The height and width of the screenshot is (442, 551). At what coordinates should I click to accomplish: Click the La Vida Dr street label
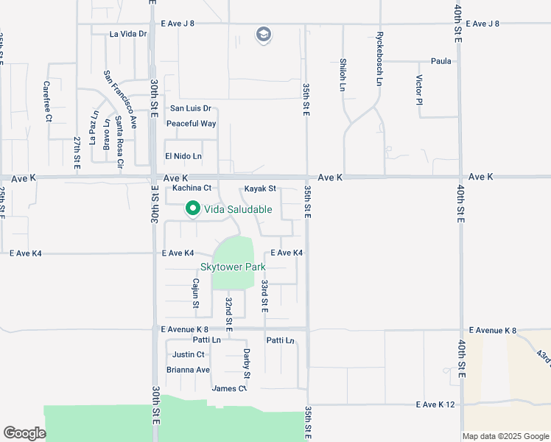pos(128,34)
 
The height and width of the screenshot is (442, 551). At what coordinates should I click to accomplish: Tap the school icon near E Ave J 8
pos(263,35)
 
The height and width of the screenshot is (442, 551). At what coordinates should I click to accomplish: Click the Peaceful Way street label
pos(191,124)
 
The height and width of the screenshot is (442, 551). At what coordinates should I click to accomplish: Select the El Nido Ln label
pos(183,156)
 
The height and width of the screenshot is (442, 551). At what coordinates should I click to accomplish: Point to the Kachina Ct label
pos(192,188)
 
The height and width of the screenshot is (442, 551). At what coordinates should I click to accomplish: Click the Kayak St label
pos(260,188)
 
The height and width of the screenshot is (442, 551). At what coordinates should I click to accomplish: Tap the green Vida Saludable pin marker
pos(193,209)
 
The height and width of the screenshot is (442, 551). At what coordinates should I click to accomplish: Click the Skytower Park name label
pos(233,266)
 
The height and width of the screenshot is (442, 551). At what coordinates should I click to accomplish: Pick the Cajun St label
pos(196,293)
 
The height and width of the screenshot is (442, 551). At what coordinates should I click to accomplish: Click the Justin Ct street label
pos(188,354)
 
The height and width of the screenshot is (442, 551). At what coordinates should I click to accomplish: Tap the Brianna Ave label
pos(188,370)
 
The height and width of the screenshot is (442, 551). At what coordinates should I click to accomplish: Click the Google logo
pos(24,433)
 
